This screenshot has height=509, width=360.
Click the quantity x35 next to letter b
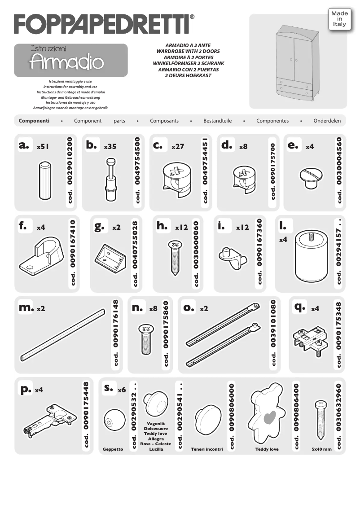(x=110, y=147)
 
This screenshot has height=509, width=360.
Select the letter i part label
(x=221, y=226)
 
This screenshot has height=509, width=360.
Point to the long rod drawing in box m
(x=60, y=333)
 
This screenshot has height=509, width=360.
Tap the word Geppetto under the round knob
(x=113, y=449)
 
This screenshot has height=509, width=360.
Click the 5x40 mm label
(x=321, y=449)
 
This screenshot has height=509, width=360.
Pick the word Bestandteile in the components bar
(x=217, y=121)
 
